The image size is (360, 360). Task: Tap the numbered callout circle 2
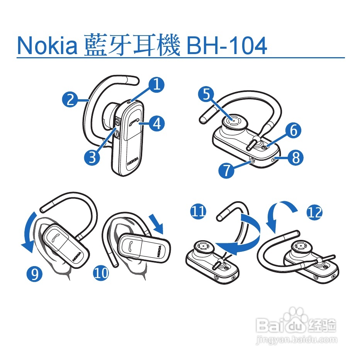tap(70, 100)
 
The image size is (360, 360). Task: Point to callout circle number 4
tap(157, 124)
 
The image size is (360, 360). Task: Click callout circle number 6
tap(294, 131)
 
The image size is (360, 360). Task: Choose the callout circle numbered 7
tap(226, 170)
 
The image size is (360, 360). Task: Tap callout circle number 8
tap(295, 158)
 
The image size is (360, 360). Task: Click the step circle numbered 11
tap(198, 211)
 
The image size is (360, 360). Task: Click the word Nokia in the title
tap(48, 46)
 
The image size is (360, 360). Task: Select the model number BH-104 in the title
tap(226, 46)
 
